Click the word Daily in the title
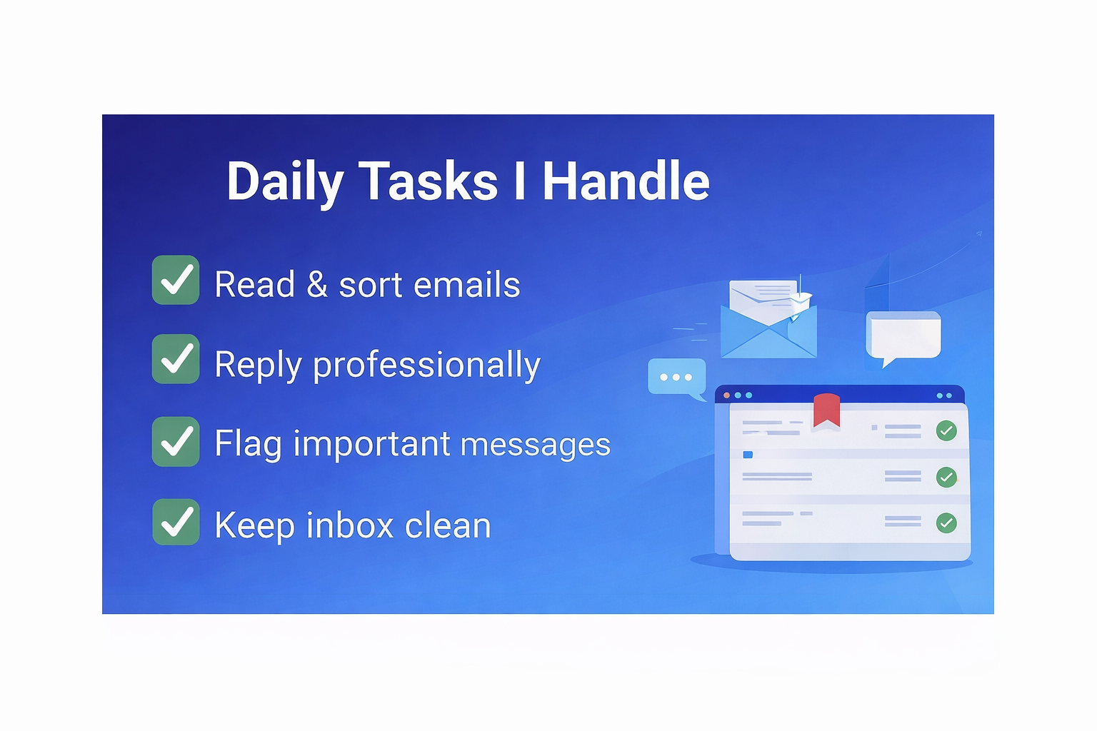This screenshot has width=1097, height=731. pyautogui.click(x=284, y=182)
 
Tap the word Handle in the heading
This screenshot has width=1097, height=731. pyautogui.click(x=626, y=181)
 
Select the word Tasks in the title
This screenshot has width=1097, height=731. pyautogui.click(x=428, y=181)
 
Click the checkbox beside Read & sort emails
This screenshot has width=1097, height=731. pyautogui.click(x=175, y=280)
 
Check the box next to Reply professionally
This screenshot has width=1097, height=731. pyautogui.click(x=175, y=359)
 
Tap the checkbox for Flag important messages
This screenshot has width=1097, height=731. pyautogui.click(x=175, y=441)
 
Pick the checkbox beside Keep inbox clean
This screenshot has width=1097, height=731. pyautogui.click(x=175, y=522)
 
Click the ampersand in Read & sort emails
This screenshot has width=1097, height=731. pyautogui.click(x=317, y=284)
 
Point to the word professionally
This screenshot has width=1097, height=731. pyautogui.click(x=426, y=365)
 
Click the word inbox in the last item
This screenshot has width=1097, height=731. pyautogui.click(x=350, y=525)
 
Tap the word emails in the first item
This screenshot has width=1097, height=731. pyautogui.click(x=466, y=284)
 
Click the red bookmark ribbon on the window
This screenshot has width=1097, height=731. pyautogui.click(x=826, y=410)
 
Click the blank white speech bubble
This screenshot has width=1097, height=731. pyautogui.click(x=903, y=337)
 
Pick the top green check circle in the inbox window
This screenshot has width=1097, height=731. pyautogui.click(x=946, y=431)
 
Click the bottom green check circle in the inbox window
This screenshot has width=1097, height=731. pyautogui.click(x=946, y=523)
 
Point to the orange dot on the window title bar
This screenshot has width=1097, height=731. pyautogui.click(x=727, y=395)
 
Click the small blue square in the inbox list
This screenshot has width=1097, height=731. pyautogui.click(x=748, y=455)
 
